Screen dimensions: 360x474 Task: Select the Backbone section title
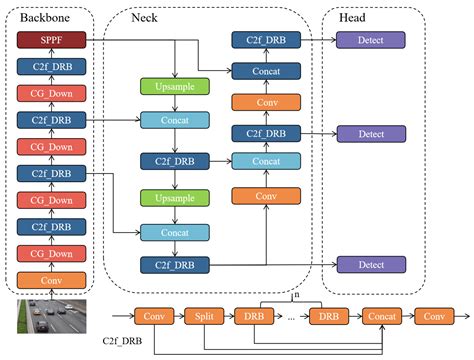[x=39, y=15]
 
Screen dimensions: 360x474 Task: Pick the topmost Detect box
[x=371, y=41]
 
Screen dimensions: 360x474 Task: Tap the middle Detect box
[x=371, y=134]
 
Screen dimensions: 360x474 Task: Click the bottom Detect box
[x=371, y=264]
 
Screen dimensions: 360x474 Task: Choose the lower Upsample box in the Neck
[x=174, y=198]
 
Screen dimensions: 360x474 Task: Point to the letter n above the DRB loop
[x=296, y=294]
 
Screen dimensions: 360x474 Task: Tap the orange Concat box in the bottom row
[x=382, y=316]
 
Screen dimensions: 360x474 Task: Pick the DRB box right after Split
[x=254, y=316]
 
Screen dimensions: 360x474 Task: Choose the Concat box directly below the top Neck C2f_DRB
[x=266, y=71]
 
